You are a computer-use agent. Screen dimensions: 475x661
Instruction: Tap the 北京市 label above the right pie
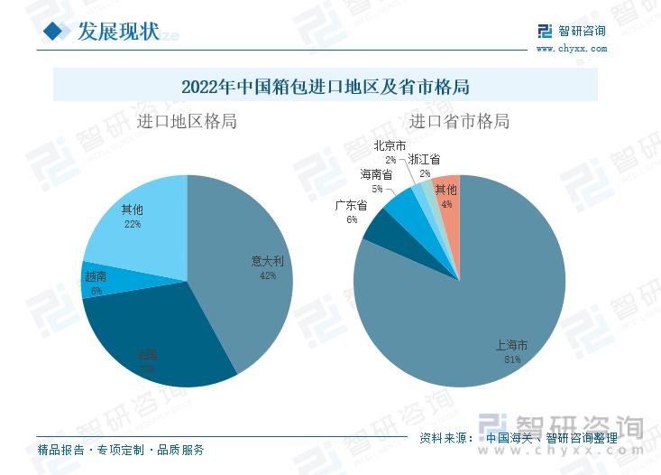(390, 145)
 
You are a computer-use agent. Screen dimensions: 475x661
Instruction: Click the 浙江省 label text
(425, 159)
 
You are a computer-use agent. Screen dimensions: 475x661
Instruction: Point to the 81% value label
(512, 359)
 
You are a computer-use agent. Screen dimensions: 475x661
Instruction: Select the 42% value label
(267, 275)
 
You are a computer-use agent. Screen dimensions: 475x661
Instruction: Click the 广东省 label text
(351, 205)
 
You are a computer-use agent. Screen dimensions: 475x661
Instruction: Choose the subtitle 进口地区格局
(187, 121)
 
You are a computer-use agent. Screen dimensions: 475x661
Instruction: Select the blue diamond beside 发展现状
(57, 32)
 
